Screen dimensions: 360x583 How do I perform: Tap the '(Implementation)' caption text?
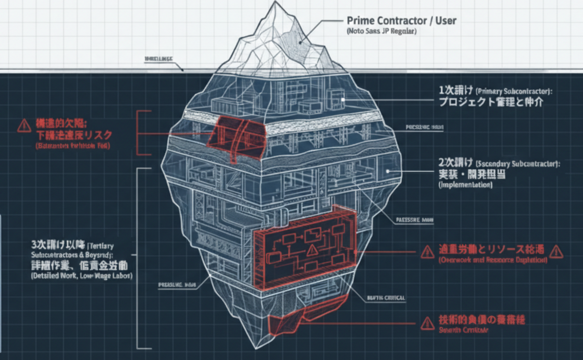point(466,185)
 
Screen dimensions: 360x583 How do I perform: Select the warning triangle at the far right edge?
point(557,251)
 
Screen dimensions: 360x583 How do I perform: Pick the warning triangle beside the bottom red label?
point(427,322)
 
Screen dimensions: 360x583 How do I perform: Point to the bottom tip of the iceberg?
point(257,347)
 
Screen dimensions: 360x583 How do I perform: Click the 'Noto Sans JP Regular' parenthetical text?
point(381,31)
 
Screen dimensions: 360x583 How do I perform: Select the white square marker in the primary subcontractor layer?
point(343,100)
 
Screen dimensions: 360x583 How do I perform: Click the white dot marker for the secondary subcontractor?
point(388,170)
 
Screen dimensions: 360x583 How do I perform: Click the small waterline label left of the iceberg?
point(159,59)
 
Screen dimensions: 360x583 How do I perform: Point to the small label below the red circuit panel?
point(386,298)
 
